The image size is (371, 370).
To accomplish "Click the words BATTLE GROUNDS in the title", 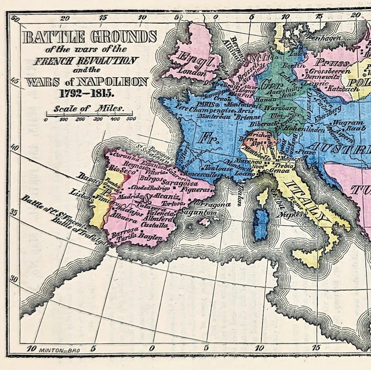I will click(x=89, y=38).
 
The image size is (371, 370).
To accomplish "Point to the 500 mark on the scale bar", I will click(x=131, y=119).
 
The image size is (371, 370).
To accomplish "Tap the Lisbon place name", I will click(x=80, y=193).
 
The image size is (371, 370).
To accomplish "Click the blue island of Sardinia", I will click(x=263, y=222).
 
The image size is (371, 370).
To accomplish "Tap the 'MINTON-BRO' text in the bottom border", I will click(x=59, y=350).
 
